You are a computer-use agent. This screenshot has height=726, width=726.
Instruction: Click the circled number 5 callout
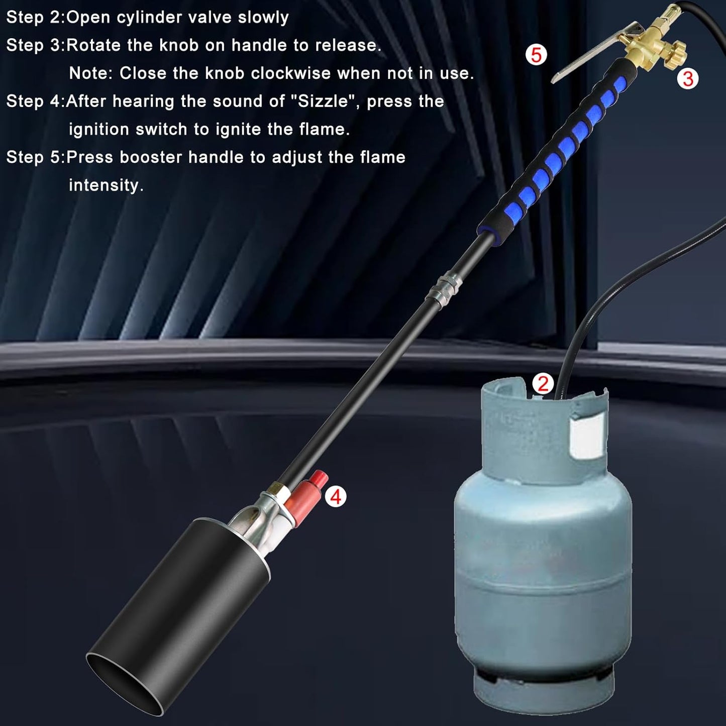coord(536,55)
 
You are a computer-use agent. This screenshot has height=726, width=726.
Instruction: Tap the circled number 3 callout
coord(687,78)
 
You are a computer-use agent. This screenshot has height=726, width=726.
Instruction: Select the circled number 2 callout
coord(543,384)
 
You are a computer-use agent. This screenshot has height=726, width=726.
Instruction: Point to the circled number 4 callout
coord(336,497)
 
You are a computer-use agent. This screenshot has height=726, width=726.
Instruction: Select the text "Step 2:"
coord(35,18)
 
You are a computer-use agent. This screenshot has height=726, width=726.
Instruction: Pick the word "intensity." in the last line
coord(106,185)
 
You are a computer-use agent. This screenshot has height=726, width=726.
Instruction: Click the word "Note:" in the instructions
coord(91,73)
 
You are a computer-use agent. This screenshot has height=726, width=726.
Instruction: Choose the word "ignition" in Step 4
coord(99,130)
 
